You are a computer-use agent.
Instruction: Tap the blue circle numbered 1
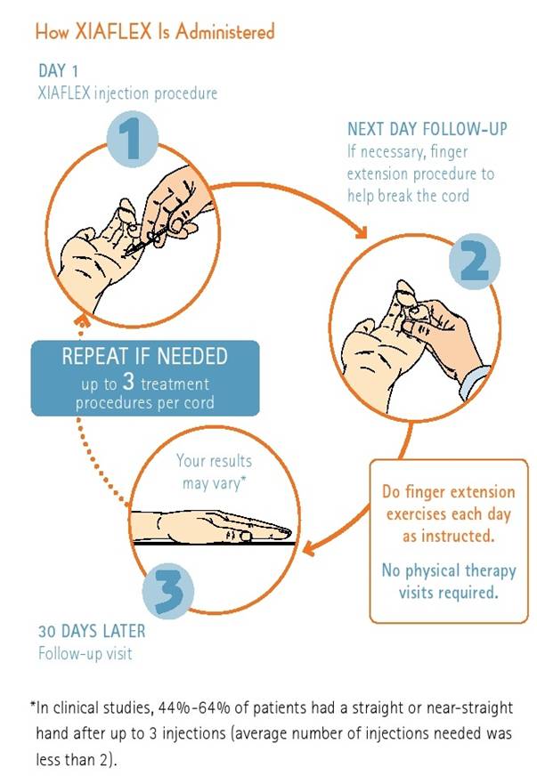coord(132,139)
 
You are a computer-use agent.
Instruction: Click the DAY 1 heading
coord(59,70)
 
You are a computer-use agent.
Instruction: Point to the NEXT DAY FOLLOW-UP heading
coord(427,129)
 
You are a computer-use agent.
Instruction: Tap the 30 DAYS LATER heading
coord(92,631)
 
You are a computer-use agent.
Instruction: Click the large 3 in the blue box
coord(128,382)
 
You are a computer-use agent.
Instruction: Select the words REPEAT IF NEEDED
coord(145,356)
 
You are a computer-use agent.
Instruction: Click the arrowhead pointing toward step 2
coord(362,232)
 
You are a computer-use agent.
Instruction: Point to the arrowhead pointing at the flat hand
coord(309,548)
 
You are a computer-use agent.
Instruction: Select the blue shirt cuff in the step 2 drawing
coord(473,382)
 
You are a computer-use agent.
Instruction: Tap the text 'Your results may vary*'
coord(214,472)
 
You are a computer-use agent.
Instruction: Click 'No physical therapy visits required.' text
coord(449,581)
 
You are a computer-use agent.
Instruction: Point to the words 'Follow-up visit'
coord(85,653)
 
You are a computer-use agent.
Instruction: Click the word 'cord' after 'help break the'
coord(455,196)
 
